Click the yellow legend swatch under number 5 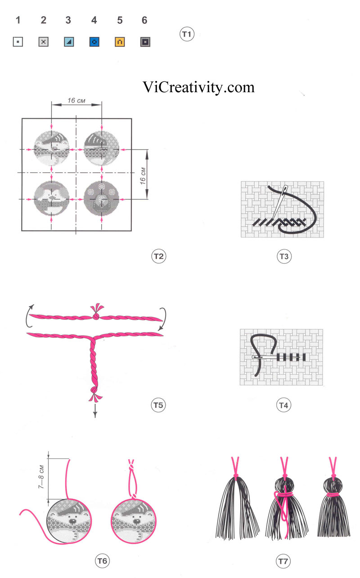tap(120, 42)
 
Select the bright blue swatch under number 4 tap(94, 42)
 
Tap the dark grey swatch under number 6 tap(145, 42)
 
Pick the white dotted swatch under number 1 tap(18, 41)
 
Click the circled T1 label tap(187, 34)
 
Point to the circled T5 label tap(158, 405)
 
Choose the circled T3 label tap(284, 256)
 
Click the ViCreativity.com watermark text tap(199, 87)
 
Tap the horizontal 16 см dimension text tap(76, 100)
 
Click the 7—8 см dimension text tap(41, 477)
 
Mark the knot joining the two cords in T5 tap(96, 316)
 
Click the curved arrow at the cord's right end tap(162, 319)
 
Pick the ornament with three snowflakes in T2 tap(102, 198)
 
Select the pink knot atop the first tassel tap(235, 475)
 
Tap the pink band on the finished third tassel tap(333, 494)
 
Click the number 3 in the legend tap(68, 20)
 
